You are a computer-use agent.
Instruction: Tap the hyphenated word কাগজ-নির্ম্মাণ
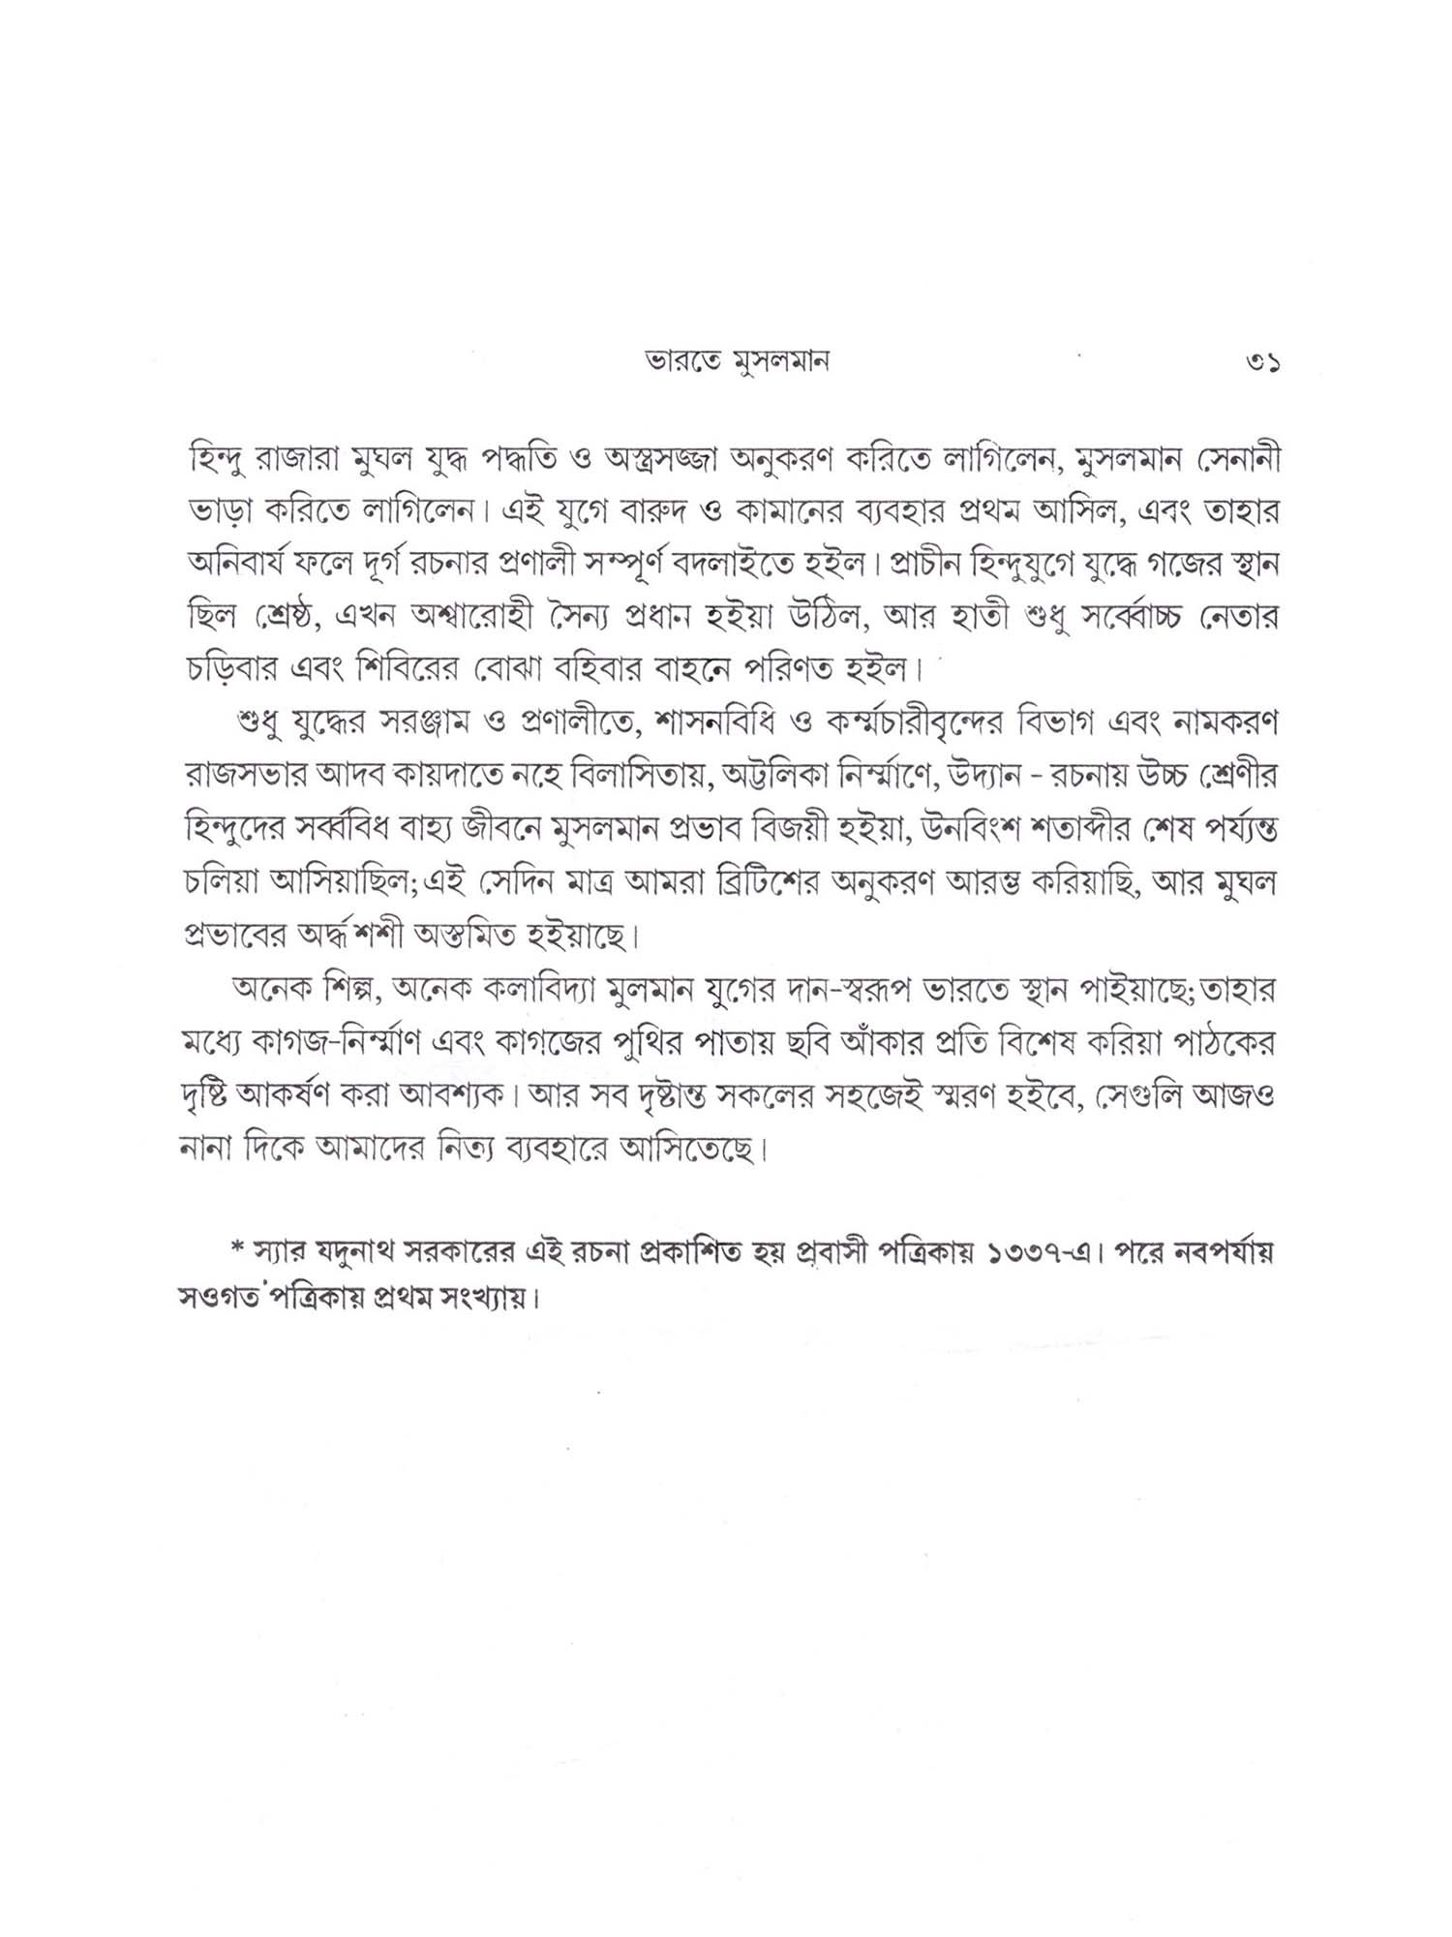pyautogui.click(x=330, y=1044)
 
